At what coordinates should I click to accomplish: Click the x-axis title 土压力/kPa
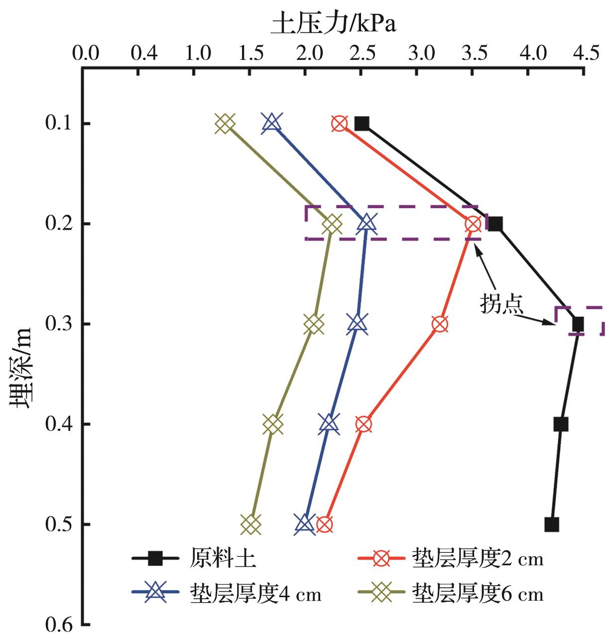click(333, 23)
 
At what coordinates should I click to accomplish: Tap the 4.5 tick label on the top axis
click(586, 53)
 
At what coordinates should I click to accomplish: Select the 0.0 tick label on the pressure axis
click(85, 53)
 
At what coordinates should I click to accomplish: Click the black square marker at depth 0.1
click(362, 124)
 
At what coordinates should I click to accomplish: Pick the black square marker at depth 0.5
click(551, 524)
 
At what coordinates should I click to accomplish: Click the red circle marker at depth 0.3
click(440, 324)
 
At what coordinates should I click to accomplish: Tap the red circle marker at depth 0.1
click(340, 124)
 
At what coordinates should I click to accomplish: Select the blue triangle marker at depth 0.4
click(329, 423)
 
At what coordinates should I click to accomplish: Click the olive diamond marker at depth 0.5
click(251, 524)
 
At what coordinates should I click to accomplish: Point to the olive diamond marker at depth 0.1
click(225, 124)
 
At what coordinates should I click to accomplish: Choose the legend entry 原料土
click(223, 559)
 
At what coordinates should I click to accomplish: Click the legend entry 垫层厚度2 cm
click(477, 559)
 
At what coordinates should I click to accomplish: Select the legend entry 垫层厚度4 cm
click(255, 594)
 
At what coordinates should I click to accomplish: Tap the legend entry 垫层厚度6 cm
click(477, 594)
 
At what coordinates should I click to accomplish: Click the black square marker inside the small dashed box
click(578, 324)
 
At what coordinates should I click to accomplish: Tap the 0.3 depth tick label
click(59, 324)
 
